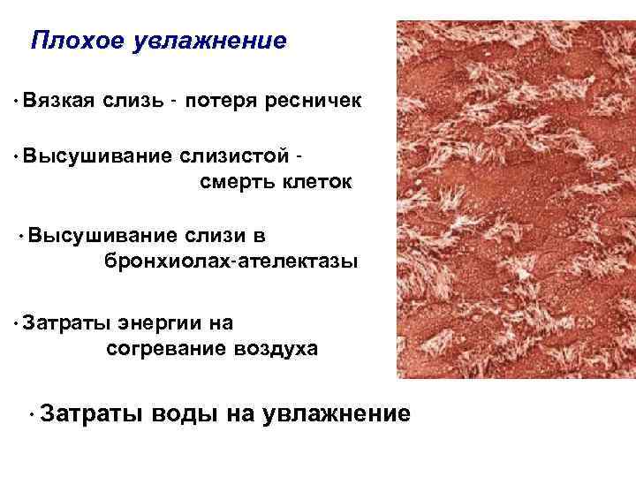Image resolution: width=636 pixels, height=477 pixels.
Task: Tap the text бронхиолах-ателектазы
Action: [231, 262]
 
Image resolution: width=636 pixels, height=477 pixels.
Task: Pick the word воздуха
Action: [276, 349]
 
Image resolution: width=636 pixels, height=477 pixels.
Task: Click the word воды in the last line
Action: [184, 413]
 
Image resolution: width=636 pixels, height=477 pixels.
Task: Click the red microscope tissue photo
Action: [516, 200]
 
